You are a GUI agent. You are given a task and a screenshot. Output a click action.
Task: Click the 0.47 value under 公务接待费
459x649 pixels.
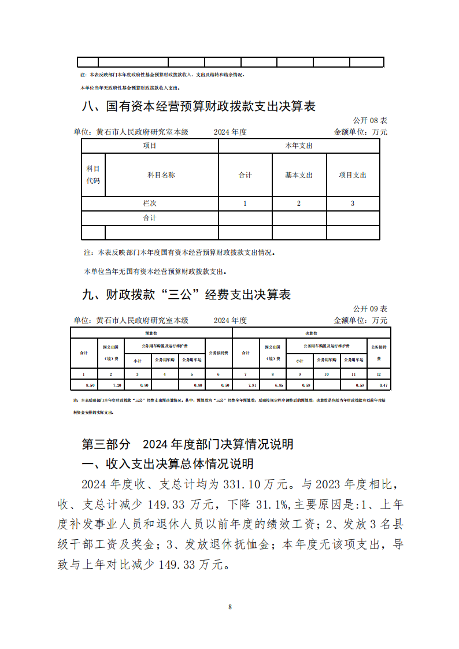[379, 385]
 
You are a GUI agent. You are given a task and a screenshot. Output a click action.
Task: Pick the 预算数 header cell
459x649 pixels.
[151, 333]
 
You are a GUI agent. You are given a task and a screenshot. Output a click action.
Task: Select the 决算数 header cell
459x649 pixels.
[311, 333]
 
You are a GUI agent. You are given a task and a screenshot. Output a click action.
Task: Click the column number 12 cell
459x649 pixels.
[379, 374]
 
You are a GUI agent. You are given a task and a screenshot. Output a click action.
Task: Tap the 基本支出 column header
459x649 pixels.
[299, 175]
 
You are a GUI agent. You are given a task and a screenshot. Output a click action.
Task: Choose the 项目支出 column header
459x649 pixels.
[353, 175]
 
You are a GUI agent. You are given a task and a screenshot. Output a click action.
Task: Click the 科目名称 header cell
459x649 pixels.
[161, 175]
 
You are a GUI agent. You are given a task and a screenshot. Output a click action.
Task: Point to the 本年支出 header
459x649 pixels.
[299, 146]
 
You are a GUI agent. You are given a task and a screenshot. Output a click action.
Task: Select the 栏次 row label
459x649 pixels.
[150, 203]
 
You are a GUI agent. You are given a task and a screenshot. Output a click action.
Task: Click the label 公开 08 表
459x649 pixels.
[370, 120]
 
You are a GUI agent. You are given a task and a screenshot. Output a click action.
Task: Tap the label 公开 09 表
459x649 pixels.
[370, 309]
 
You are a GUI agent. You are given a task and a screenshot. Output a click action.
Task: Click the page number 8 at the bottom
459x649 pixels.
[229, 607]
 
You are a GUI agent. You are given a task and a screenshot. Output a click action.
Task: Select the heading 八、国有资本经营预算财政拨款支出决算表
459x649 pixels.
[199, 106]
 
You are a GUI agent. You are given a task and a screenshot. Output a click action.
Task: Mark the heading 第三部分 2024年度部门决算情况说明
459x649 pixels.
[188, 444]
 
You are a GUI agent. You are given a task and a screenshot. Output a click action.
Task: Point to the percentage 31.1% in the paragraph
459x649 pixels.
[273, 504]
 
